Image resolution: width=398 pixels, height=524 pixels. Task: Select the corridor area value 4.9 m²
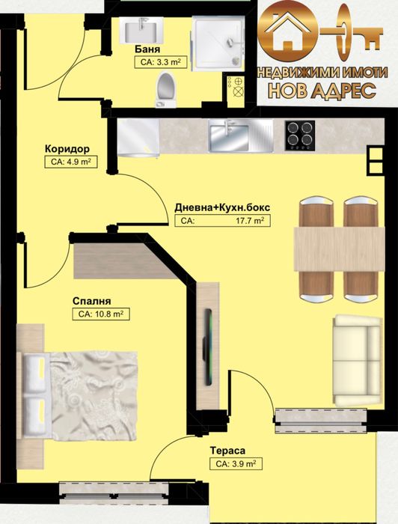pyautogui.click(x=69, y=161)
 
